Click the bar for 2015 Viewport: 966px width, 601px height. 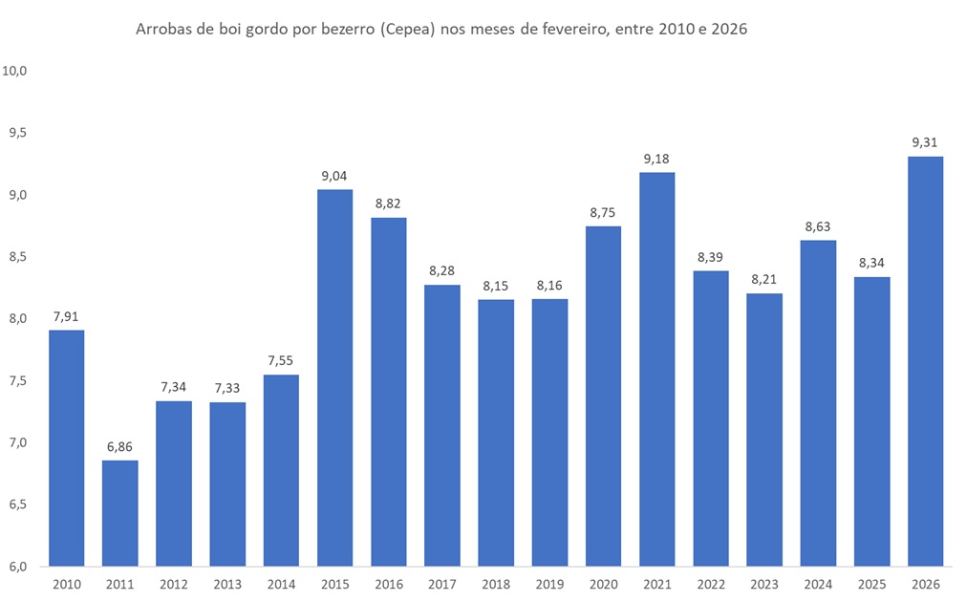tap(334, 377)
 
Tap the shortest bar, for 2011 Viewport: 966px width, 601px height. tap(119, 513)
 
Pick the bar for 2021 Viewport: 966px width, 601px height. tap(656, 369)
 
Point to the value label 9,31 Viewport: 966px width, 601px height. tap(925, 142)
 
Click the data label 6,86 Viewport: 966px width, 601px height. tap(119, 446)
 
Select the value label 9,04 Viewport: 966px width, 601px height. tap(334, 176)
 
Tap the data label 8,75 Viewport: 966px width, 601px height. tap(603, 212)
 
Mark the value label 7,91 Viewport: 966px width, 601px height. tap(66, 316)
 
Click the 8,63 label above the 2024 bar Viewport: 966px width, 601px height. tap(818, 226)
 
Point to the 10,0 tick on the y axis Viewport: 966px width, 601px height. tap(18, 71)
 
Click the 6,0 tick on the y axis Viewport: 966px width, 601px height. tap(18, 567)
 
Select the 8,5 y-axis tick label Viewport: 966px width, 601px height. tap(18, 257)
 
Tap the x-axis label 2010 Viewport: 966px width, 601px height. tap(66, 584)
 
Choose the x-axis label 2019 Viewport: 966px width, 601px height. tap(549, 584)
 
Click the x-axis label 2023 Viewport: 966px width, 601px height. tap(764, 584)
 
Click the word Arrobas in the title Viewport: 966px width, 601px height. tap(163, 29)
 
